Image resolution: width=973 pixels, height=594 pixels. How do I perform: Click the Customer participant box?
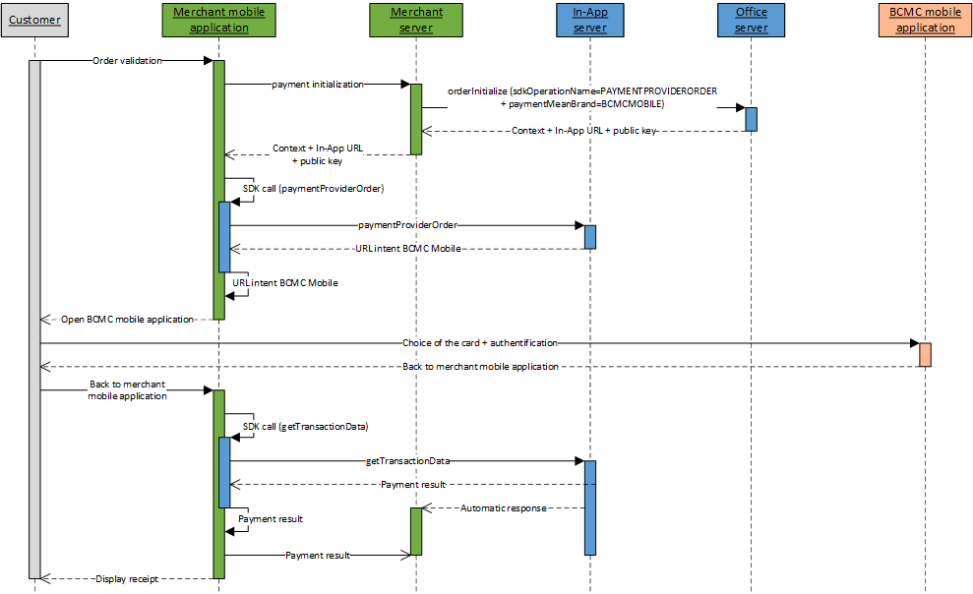click(34, 20)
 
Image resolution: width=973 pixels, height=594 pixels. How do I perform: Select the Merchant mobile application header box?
click(218, 20)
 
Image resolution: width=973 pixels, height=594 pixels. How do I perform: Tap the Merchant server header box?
click(416, 20)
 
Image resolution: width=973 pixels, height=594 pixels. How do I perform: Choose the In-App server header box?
click(589, 20)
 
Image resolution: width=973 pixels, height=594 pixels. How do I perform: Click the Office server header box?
click(751, 20)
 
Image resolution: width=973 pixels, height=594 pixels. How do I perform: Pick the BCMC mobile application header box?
click(925, 20)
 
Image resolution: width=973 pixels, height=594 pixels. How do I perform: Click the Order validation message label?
click(127, 60)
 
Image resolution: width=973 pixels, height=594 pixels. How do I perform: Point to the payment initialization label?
click(317, 85)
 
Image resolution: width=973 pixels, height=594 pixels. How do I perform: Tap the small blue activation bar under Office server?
click(751, 119)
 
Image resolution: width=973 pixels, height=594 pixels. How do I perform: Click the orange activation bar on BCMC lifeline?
click(925, 354)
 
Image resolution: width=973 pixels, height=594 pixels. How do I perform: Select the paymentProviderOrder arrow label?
click(407, 225)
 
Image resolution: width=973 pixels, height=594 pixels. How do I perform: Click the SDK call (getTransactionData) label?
click(305, 426)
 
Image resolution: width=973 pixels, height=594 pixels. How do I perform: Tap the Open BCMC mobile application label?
click(127, 319)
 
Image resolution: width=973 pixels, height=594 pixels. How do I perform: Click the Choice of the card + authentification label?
click(480, 343)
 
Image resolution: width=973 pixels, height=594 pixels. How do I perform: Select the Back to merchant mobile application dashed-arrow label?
click(480, 367)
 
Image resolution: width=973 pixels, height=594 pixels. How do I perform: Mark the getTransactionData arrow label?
click(407, 460)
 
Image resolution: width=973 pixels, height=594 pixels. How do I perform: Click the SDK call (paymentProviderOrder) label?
click(313, 188)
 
